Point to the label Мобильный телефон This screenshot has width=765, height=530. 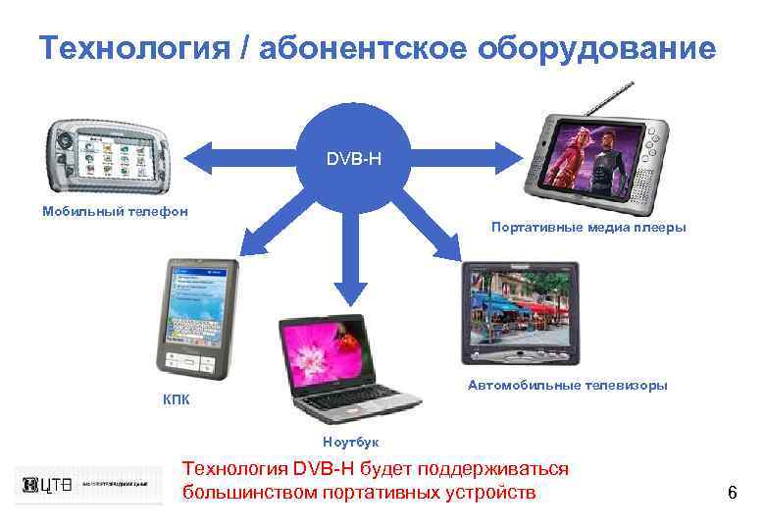pyautogui.click(x=115, y=210)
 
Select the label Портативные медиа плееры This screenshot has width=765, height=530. pyautogui.click(x=588, y=228)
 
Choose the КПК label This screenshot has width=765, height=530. pyautogui.click(x=177, y=399)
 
